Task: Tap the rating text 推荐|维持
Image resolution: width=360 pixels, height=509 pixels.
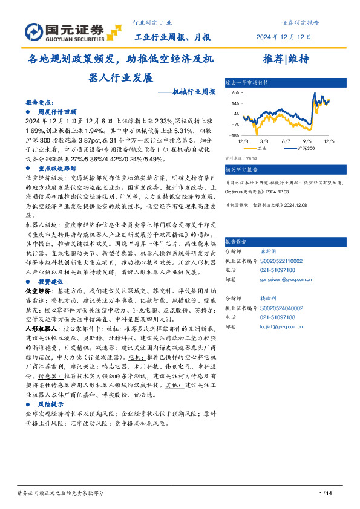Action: (x=286, y=59)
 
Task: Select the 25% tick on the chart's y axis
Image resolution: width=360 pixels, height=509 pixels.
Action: (x=234, y=92)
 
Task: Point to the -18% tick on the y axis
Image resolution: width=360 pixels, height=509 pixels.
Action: (x=233, y=135)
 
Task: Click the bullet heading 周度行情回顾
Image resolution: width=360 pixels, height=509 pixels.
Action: (x=57, y=112)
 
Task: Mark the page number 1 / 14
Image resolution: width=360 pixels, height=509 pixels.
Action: (x=325, y=494)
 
